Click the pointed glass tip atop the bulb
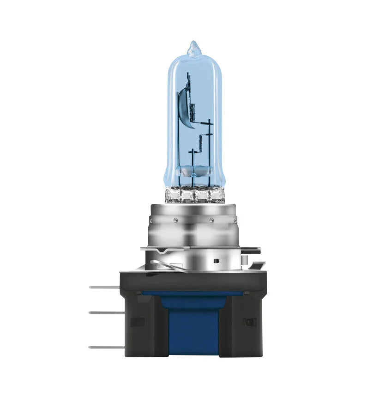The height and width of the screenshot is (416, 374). point(193,47)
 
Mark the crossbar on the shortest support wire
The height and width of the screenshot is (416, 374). point(193,151)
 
